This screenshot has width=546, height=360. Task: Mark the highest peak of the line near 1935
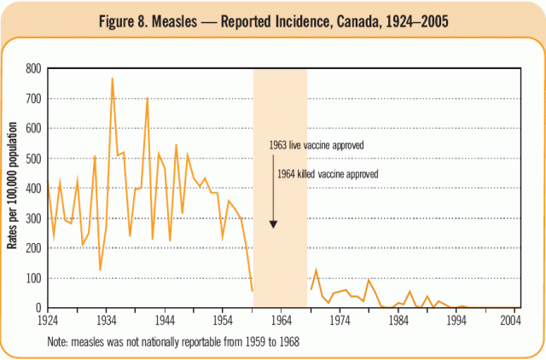pos(112,78)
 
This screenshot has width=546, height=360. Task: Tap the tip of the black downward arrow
pos(274,227)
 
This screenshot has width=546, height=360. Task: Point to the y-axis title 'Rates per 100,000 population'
pos(14,188)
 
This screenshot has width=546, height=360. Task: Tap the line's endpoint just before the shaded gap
pos(252,291)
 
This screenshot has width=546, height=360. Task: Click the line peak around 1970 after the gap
pos(316,270)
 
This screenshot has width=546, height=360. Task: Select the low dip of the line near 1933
pos(100,270)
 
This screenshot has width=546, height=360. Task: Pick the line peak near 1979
pos(369,280)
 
